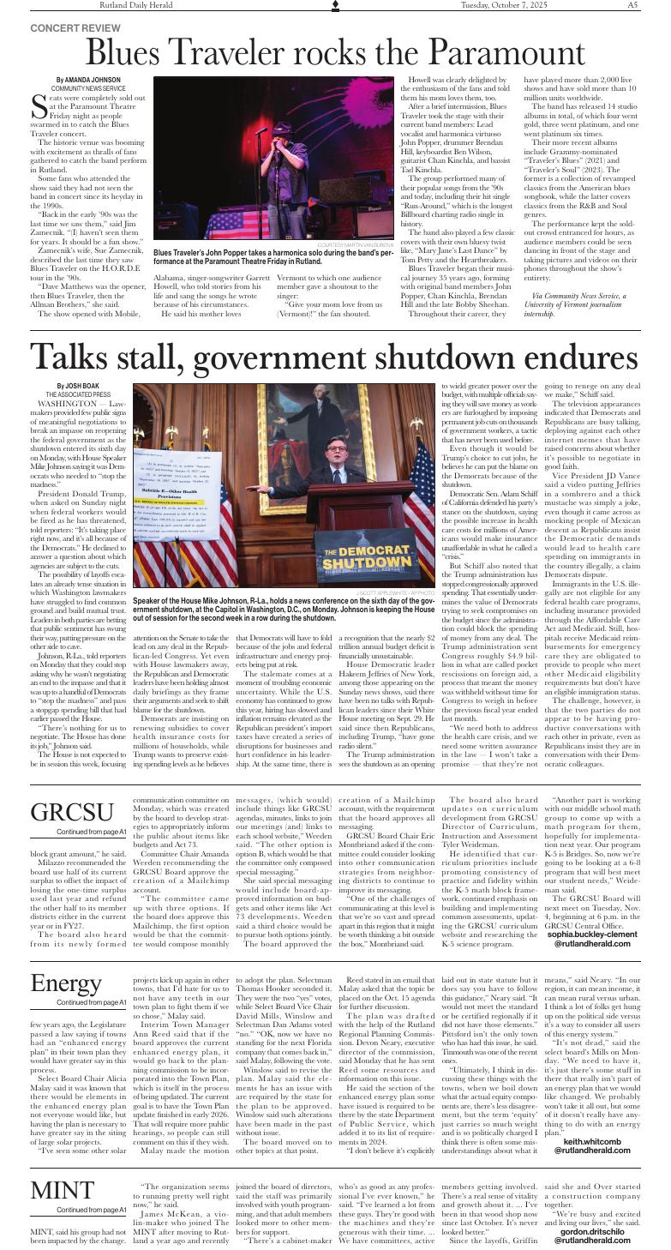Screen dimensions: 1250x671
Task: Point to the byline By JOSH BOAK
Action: tap(78, 386)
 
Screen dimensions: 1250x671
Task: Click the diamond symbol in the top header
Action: tap(335, 5)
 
